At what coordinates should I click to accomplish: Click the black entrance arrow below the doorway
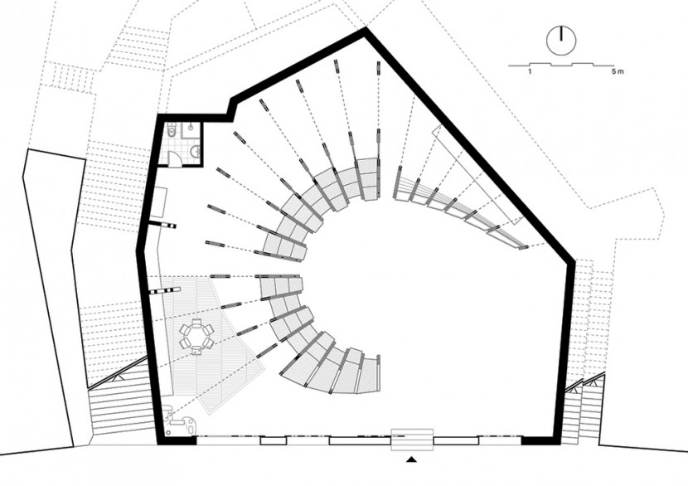point(411,459)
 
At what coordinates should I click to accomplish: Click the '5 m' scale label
point(617,71)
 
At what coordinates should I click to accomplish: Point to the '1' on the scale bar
point(530,71)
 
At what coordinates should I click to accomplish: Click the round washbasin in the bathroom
point(195,152)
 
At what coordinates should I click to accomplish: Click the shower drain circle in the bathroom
point(191,128)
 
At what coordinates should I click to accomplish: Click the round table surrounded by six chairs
point(196,337)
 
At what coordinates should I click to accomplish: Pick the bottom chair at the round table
point(196,349)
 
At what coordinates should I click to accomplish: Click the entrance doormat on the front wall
point(412,439)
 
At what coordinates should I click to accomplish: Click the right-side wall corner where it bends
point(572,260)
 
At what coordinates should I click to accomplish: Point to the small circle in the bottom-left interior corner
point(168,435)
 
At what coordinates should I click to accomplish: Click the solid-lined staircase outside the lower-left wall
point(119,403)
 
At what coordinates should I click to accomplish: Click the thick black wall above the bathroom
point(194,118)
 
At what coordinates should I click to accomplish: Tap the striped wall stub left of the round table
point(165,290)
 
